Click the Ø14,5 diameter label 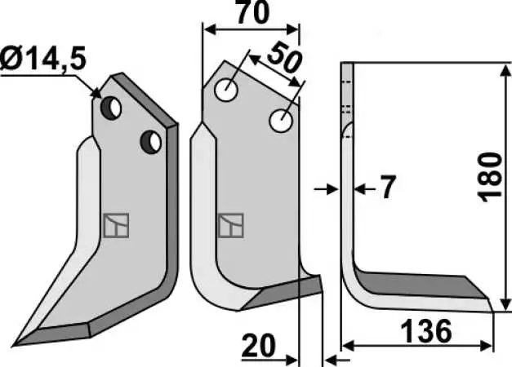42,59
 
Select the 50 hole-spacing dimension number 283,58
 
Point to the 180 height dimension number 489,177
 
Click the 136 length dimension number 426,331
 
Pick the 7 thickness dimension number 388,187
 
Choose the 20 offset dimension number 259,346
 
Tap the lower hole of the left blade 151,142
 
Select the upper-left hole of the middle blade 226,90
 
